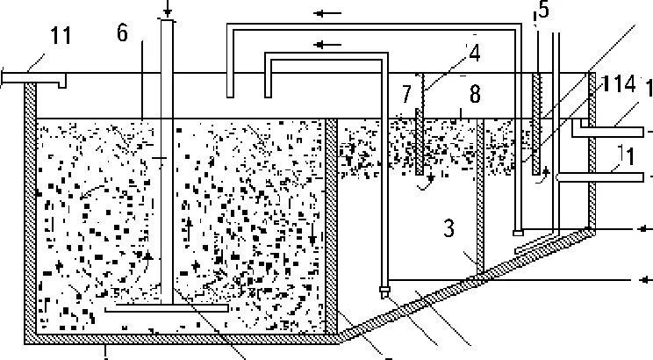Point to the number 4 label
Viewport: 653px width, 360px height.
coord(474,54)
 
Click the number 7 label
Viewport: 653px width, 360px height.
coord(405,92)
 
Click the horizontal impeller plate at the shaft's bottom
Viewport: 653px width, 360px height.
coord(166,308)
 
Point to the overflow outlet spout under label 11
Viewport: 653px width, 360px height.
coord(35,79)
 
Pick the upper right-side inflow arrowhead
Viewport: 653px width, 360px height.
coord(645,229)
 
